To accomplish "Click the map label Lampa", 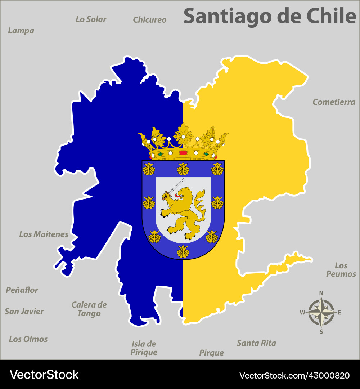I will pyautogui.click(x=21, y=31).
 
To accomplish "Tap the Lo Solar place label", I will pyautogui.click(x=91, y=19).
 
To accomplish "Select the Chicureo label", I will pyautogui.click(x=149, y=20).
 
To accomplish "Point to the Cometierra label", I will pyautogui.click(x=334, y=102).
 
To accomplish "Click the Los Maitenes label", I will pyautogui.click(x=44, y=234).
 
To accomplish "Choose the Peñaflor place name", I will pyautogui.click(x=22, y=290).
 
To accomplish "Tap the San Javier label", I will pyautogui.click(x=24, y=312).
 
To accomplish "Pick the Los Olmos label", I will pyautogui.click(x=28, y=339).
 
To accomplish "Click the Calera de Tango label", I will pyautogui.click(x=89, y=309).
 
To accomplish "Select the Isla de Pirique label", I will pyautogui.click(x=144, y=348).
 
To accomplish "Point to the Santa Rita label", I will pyautogui.click(x=256, y=343).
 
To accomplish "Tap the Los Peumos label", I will pyautogui.click(x=341, y=270).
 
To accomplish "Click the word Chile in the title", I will pyautogui.click(x=331, y=16).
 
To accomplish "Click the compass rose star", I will pyautogui.click(x=321, y=312).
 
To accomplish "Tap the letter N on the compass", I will pyautogui.click(x=321, y=293).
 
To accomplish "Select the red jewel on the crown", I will pyautogui.click(x=183, y=153).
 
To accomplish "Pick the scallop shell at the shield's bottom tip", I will pyautogui.click(x=183, y=251).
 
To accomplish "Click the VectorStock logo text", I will pyautogui.click(x=44, y=375).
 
